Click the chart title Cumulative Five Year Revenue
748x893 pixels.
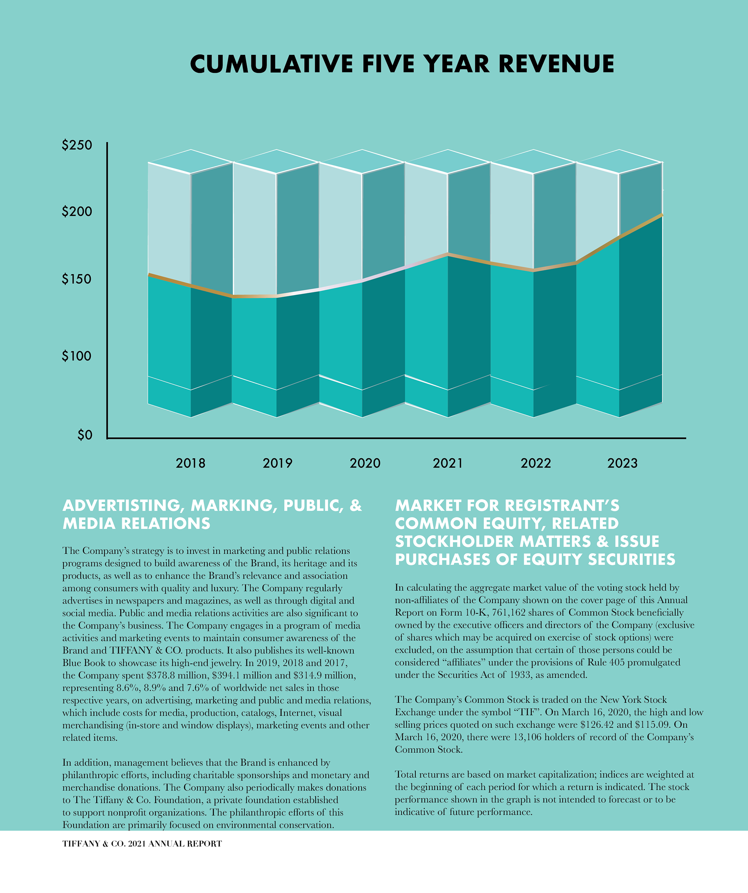402,64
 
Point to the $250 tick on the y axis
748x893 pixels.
77,145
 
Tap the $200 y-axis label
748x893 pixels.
77,211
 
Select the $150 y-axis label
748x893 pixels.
77,279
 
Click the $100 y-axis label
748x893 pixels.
77,356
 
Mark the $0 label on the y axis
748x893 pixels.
85,435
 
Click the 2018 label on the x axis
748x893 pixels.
190,463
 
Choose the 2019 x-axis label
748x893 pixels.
277,463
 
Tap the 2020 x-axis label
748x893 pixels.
365,463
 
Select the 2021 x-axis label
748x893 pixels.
448,463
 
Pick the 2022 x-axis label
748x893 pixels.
536,463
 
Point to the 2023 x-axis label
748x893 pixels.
622,463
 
